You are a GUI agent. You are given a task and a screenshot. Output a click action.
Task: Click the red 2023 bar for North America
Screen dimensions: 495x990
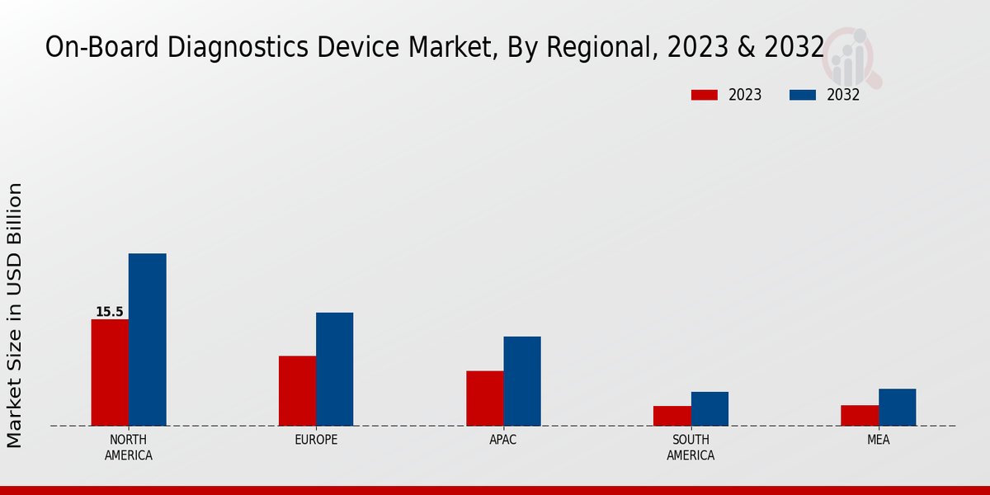pos(110,372)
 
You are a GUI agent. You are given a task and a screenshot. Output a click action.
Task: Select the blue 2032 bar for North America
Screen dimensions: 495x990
pos(147,339)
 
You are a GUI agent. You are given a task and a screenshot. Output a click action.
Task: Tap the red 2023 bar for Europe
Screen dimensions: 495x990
pos(297,390)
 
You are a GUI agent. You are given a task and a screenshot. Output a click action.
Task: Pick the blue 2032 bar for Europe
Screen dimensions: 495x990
pos(334,369)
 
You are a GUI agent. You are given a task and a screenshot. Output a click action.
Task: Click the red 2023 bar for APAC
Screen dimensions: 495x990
pos(484,398)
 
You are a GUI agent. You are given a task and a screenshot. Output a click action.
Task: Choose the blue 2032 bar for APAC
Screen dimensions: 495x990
pos(522,380)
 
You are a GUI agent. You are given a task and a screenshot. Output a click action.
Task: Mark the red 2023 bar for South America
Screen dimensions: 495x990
pos(672,416)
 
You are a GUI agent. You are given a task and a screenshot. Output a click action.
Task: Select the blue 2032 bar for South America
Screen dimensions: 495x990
pos(709,408)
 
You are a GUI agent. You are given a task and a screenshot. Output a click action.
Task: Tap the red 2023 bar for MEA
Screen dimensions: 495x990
pos(859,415)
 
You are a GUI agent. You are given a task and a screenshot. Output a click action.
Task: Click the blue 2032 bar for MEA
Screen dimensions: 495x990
pos(897,407)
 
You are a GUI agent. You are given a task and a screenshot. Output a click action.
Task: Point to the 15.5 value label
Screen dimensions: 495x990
pos(109,312)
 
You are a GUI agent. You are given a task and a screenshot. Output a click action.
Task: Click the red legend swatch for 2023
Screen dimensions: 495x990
pos(704,95)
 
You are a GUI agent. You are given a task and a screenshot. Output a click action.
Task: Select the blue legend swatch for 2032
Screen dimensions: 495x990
pos(802,95)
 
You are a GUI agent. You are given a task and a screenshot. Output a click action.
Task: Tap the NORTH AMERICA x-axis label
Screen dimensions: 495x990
pos(129,447)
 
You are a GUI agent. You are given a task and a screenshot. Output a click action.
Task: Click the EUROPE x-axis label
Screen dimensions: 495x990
pos(316,440)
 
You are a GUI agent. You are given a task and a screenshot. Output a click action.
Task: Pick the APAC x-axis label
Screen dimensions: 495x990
pos(503,440)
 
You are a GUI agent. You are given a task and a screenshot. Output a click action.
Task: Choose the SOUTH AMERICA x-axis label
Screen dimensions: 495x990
pos(691,447)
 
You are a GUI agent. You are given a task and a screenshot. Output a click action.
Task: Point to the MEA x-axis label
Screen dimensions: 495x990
pos(878,440)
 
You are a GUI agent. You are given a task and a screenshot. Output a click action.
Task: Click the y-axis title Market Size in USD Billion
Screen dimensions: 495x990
pos(15,315)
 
